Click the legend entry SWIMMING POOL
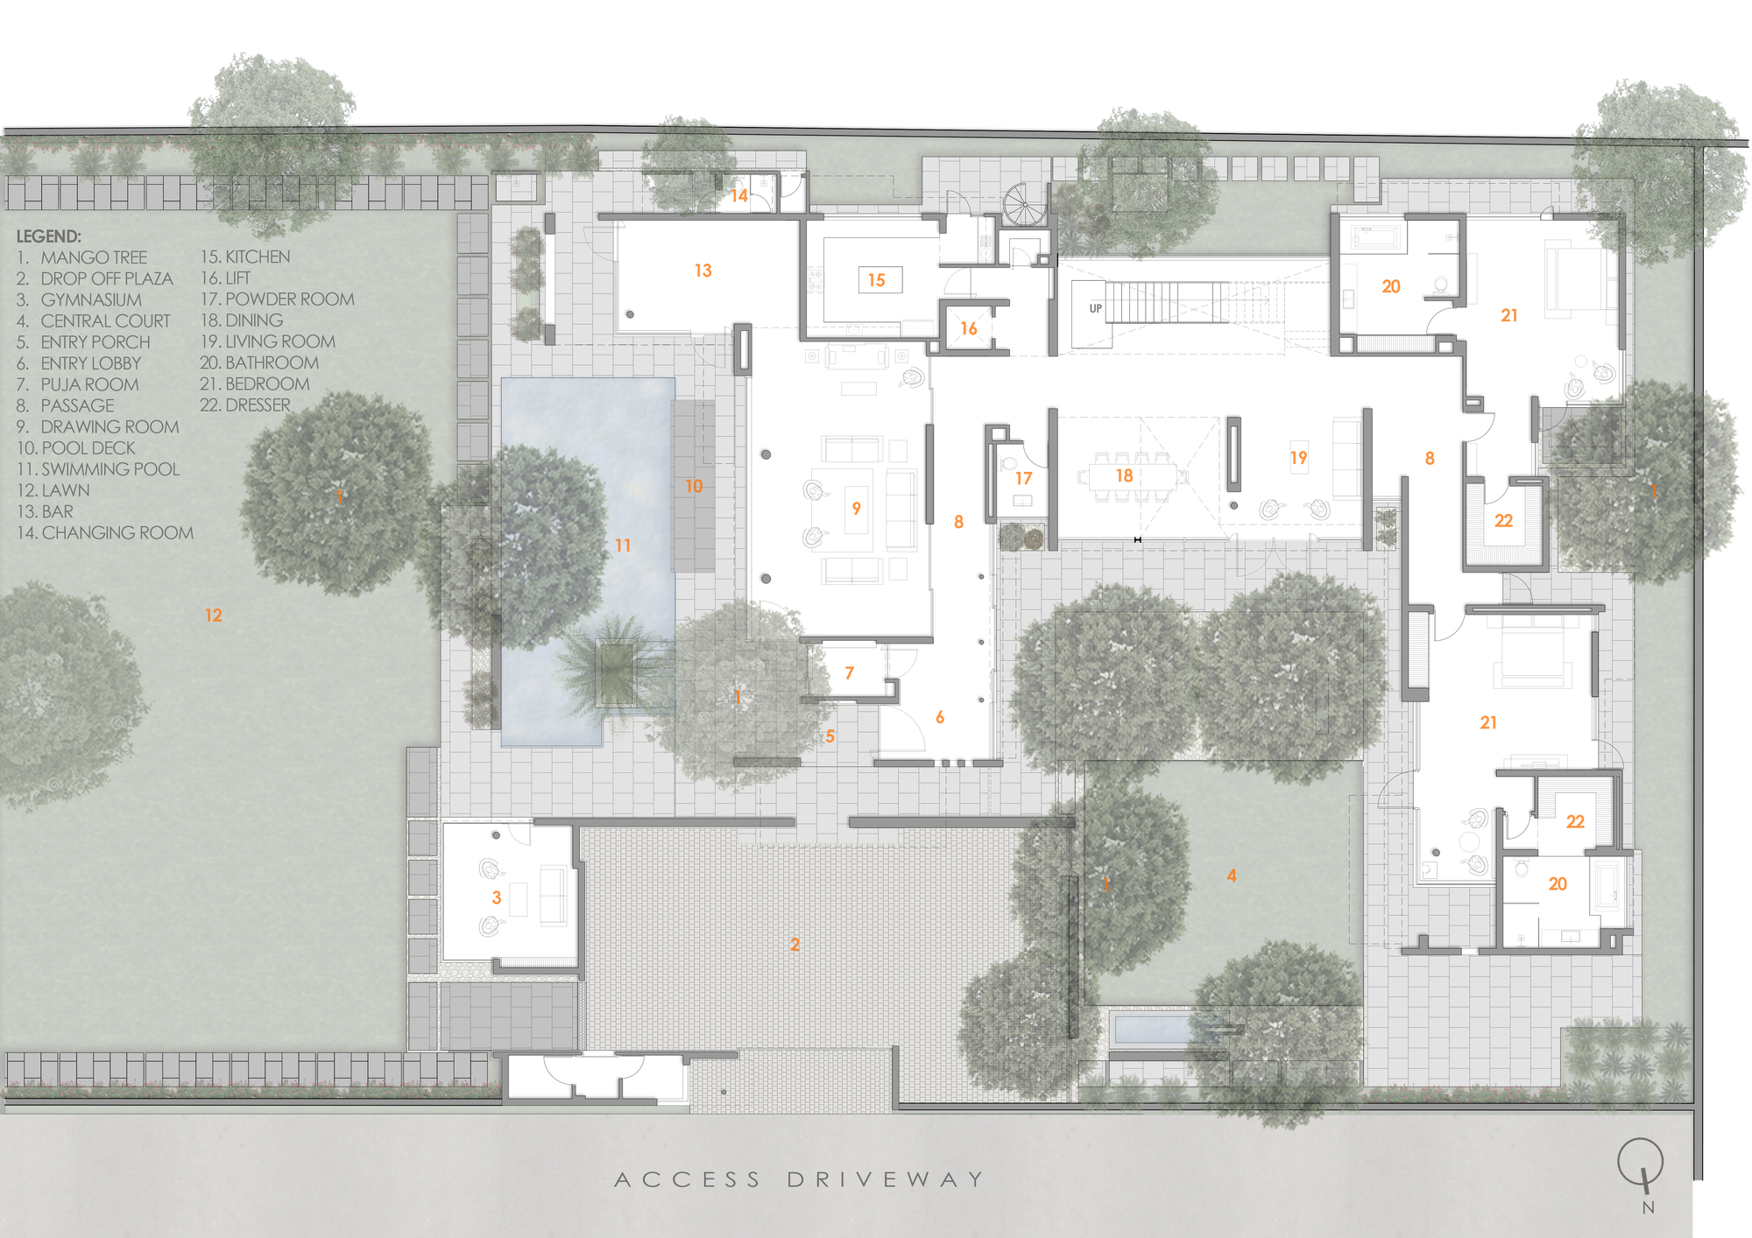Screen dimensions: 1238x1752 109,469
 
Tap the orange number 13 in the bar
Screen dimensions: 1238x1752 703,271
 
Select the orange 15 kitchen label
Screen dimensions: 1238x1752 877,280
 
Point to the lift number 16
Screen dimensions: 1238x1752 969,328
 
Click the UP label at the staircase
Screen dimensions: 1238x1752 1095,308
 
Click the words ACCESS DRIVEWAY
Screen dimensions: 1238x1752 798,1179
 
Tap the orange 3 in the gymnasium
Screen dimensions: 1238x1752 497,897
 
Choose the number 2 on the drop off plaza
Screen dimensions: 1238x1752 795,945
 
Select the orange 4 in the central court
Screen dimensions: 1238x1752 1232,876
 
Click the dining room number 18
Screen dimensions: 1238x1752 1125,475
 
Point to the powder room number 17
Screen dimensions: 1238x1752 1023,479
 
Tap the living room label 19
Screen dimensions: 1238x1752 1298,458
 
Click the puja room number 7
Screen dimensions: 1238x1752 849,673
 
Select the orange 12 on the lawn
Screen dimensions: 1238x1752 214,615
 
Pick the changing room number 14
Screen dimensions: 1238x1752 739,196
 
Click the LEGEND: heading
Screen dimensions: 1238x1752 49,236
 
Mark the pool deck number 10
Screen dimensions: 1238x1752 694,486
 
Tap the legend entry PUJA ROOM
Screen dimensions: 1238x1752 89,384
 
